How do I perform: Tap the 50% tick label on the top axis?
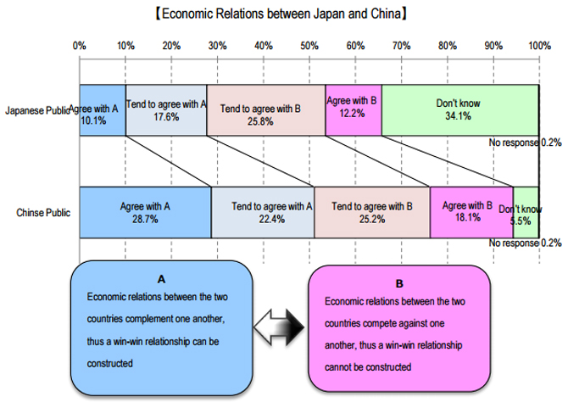(309, 45)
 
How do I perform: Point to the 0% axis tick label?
(80, 45)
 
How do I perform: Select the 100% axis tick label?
(538, 45)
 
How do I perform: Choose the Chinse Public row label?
(42, 212)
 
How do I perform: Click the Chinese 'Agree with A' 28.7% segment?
(145, 212)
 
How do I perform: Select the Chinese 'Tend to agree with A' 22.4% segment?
(263, 212)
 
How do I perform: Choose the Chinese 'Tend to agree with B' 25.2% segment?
(372, 212)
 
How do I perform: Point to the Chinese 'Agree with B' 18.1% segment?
(471, 212)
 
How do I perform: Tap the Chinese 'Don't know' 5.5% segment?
(526, 212)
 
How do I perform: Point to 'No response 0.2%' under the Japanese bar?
(524, 143)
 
